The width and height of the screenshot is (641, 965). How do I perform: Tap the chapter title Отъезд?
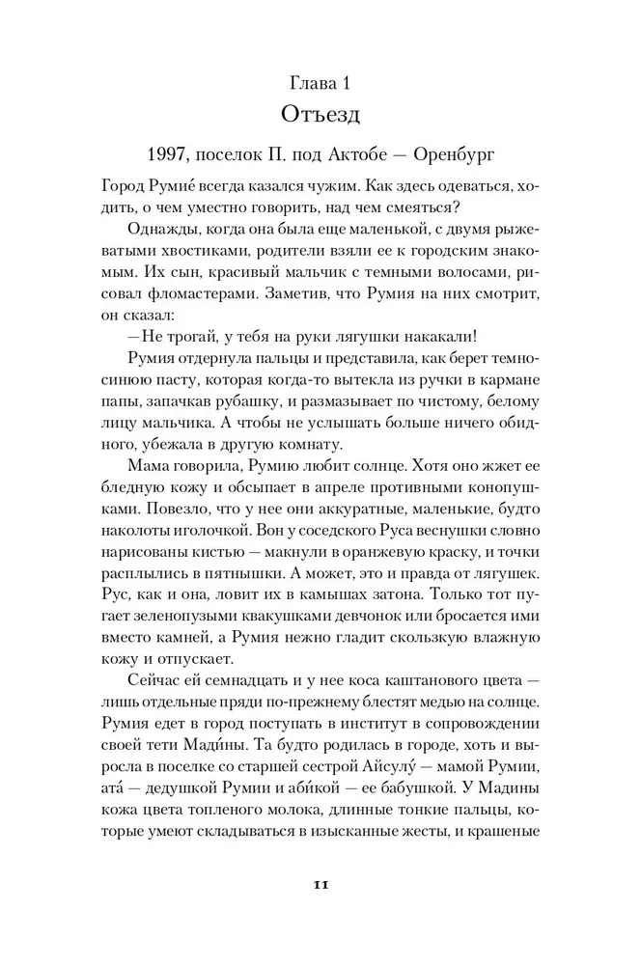(320, 115)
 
